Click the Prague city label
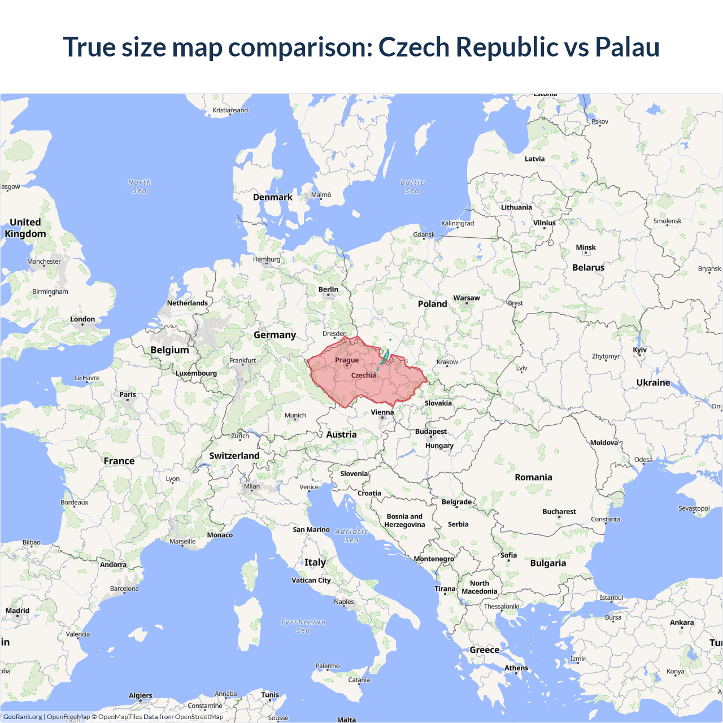[x=347, y=360]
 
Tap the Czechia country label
[x=363, y=375]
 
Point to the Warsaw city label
[x=467, y=298]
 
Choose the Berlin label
[x=328, y=289]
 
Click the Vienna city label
[x=382, y=412]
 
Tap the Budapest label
[x=431, y=432]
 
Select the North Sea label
[x=140, y=186]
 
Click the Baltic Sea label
[x=412, y=186]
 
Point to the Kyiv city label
[x=639, y=350]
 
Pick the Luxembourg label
[x=196, y=373]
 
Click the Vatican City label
[x=311, y=580]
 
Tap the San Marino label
[x=311, y=530]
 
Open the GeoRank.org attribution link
[x=23, y=717]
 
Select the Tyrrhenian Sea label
[x=303, y=626]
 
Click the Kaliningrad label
[x=458, y=223]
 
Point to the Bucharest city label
[x=559, y=512]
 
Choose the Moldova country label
[x=604, y=443]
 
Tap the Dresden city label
[x=334, y=333]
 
